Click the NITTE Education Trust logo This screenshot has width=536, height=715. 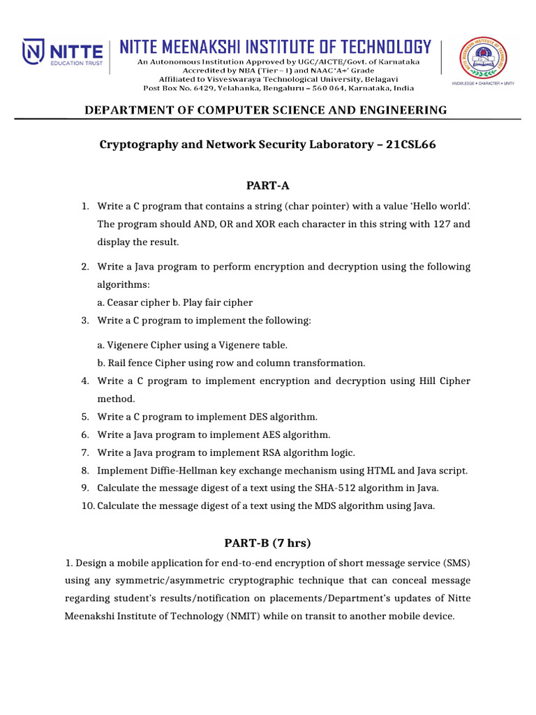(63, 53)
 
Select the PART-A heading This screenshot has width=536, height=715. (267, 186)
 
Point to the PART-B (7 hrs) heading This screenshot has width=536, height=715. (267, 543)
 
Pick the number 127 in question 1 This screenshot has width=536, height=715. (454, 224)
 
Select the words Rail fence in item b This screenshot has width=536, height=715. (131, 363)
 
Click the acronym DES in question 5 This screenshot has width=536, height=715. (260, 417)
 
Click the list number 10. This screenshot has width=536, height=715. (87, 506)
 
